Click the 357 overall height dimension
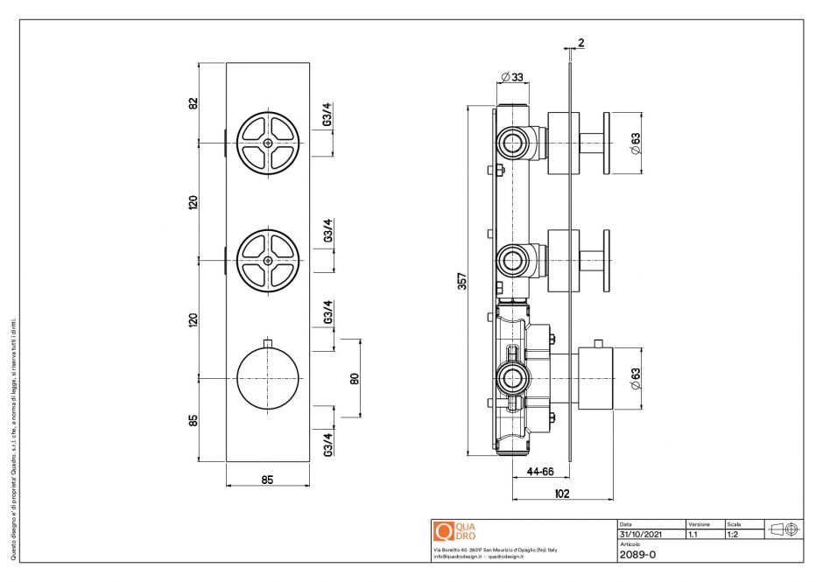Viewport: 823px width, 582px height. pos(461,281)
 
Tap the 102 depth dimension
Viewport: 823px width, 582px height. pos(562,494)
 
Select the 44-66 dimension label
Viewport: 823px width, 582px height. pos(540,472)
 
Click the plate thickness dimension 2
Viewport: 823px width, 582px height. pos(581,42)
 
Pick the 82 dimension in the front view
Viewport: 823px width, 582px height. pos(193,102)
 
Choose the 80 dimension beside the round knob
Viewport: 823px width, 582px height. pos(355,378)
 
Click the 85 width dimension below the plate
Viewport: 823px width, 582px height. pos(268,479)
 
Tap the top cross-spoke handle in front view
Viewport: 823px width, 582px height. pos(268,142)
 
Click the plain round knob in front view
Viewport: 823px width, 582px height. pos(268,378)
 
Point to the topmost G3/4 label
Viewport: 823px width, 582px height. pos(327,115)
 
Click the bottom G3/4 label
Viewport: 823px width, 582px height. pos(327,445)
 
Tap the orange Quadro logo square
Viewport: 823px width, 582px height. pos(444,530)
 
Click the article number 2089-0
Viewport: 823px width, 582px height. pos(637,554)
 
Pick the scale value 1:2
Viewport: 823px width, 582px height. pos(734,534)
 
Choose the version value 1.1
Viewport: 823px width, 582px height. pos(693,534)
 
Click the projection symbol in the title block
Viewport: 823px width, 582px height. pos(784,529)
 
